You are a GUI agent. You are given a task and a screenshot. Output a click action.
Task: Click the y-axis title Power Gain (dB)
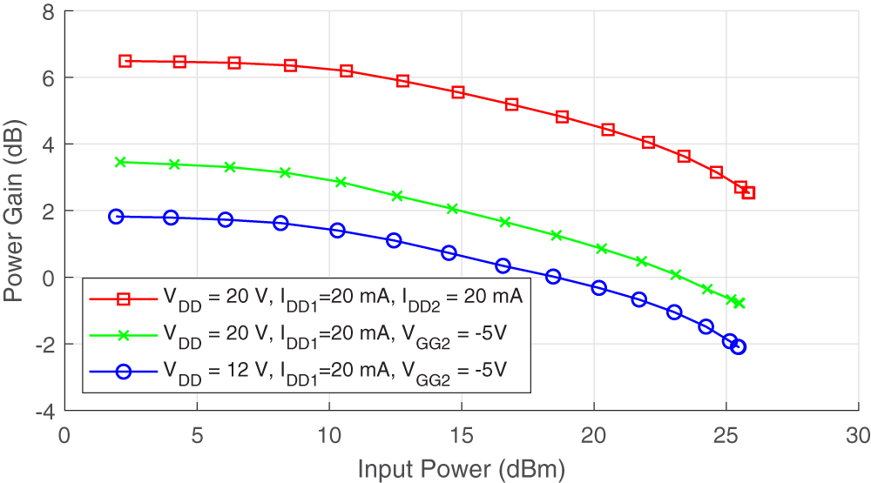tap(14, 211)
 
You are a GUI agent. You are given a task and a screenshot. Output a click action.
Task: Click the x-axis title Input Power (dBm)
tap(462, 469)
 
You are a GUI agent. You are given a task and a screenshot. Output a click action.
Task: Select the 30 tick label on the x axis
tap(858, 433)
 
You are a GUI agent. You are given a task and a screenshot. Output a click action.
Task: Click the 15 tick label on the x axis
tap(461, 433)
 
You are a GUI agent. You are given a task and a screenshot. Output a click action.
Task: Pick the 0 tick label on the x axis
tap(64, 433)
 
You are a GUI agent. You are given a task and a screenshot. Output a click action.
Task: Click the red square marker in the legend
tap(124, 299)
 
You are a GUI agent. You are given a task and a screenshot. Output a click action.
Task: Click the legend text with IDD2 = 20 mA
tap(341, 299)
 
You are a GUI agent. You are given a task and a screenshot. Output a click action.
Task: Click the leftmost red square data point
tap(125, 61)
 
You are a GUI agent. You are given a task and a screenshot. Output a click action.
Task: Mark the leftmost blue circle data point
tap(117, 217)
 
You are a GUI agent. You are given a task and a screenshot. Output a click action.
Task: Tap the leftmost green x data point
tap(121, 162)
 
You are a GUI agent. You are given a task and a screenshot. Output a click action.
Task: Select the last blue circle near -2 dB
tap(739, 347)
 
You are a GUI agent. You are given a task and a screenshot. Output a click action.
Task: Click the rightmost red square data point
tap(748, 192)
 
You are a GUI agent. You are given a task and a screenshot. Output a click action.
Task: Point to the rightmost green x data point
tap(739, 303)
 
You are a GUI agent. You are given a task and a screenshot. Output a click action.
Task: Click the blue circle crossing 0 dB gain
tap(553, 277)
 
